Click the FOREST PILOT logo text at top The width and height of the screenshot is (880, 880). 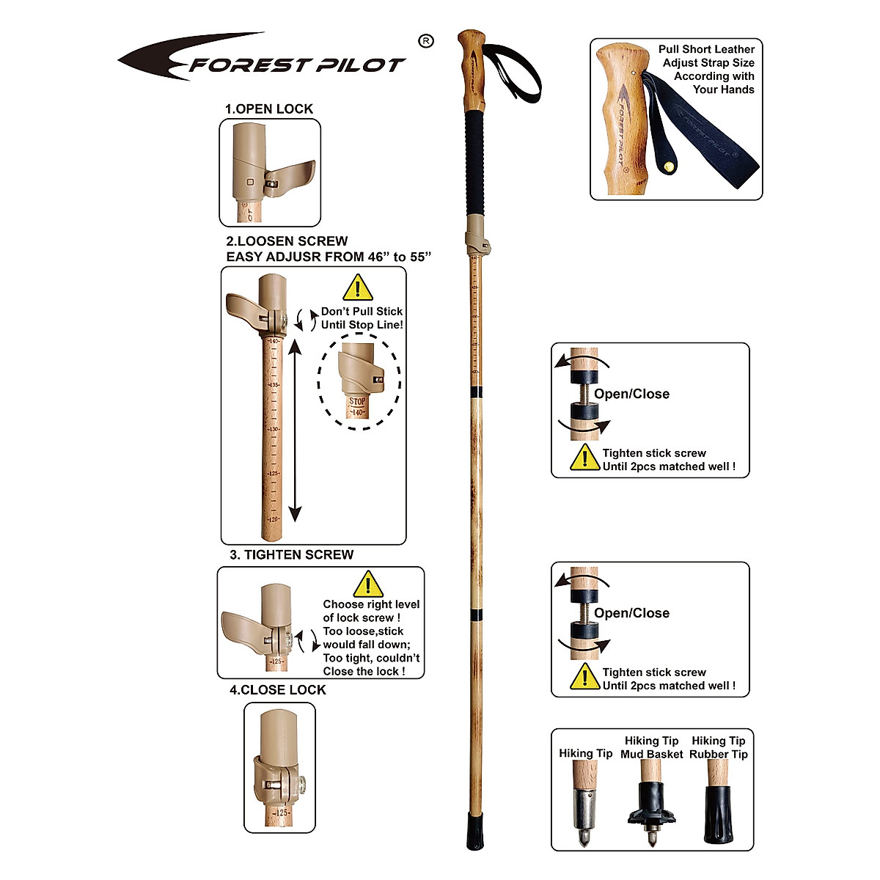pyautogui.click(x=297, y=65)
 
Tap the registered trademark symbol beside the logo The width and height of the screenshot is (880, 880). pyautogui.click(x=425, y=42)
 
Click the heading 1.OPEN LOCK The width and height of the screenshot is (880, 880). pyautogui.click(x=269, y=109)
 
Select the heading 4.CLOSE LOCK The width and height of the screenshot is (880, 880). pyautogui.click(x=278, y=690)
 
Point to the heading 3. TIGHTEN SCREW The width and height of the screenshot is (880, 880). pyautogui.click(x=292, y=555)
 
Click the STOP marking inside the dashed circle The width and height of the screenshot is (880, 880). pyautogui.click(x=357, y=401)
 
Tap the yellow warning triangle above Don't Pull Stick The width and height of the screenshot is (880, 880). pyautogui.click(x=358, y=287)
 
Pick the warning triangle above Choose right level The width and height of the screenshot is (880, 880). pyautogui.click(x=368, y=584)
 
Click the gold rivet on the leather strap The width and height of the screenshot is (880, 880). pyautogui.click(x=668, y=166)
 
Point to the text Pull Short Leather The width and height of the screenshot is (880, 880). pyautogui.click(x=706, y=49)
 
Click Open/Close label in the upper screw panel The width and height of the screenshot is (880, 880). pyautogui.click(x=631, y=394)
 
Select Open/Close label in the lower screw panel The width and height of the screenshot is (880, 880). pyautogui.click(x=631, y=613)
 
